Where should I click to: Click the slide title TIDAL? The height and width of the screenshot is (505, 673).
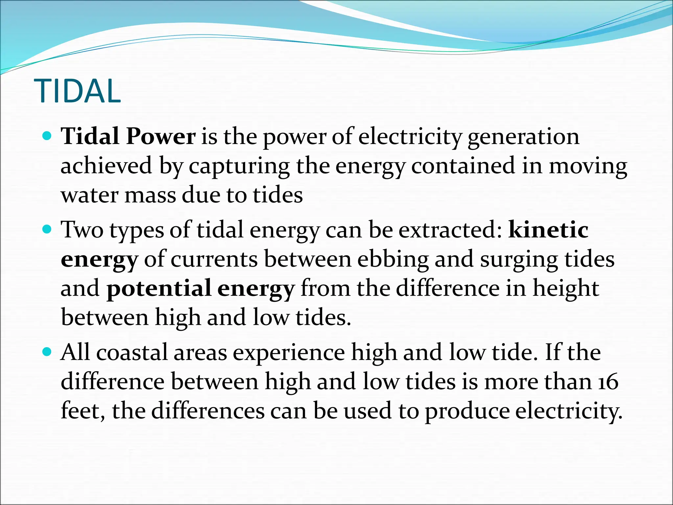click(78, 91)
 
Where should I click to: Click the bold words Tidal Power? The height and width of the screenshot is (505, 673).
click(128, 136)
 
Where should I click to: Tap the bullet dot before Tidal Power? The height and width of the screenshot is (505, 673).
click(48, 135)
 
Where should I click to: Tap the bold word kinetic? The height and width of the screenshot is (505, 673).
click(548, 229)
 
